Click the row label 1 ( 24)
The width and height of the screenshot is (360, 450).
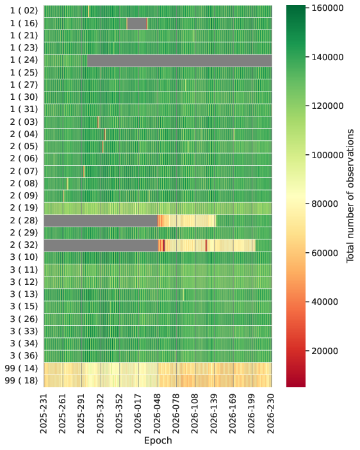pyautogui.click(x=24, y=60)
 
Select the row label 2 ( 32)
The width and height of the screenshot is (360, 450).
pyautogui.click(x=24, y=245)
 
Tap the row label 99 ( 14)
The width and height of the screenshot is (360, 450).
pyautogui.click(x=22, y=368)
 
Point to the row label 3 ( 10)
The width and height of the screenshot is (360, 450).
pyautogui.click(x=24, y=257)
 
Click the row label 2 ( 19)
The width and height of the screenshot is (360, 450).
pyautogui.click(x=24, y=208)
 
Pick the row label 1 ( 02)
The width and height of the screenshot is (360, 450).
pyautogui.click(x=24, y=11)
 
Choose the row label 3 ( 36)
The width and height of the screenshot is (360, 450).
pyautogui.click(x=24, y=356)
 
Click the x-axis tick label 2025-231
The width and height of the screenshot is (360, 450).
pyautogui.click(x=44, y=414)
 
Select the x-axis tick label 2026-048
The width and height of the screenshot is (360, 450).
pyautogui.click(x=158, y=414)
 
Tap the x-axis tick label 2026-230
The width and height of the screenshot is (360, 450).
pyautogui.click(x=272, y=414)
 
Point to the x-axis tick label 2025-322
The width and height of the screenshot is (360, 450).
pyautogui.click(x=101, y=414)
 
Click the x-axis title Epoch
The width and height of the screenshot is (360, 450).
pyautogui.click(x=158, y=440)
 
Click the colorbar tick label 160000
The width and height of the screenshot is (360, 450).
pyautogui.click(x=327, y=8)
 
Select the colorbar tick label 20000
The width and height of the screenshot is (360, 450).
pyautogui.click(x=325, y=351)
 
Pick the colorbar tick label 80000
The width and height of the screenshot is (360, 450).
pyautogui.click(x=325, y=204)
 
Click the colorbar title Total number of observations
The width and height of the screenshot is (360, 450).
pyautogui.click(x=350, y=196)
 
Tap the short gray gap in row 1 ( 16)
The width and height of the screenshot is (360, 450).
pyautogui.click(x=137, y=23)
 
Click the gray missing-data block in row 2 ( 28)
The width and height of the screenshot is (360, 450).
pyautogui.click(x=101, y=220)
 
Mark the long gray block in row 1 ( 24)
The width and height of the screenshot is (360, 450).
pyautogui.click(x=179, y=60)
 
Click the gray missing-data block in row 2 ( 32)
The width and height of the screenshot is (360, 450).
pyautogui.click(x=101, y=245)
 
